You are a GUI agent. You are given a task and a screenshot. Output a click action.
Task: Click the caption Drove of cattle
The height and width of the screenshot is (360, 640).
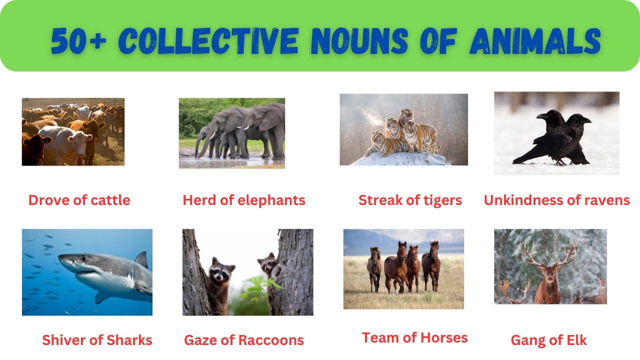pos(79,200)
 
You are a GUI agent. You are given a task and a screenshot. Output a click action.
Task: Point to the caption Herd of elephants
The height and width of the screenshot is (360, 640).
pos(244,200)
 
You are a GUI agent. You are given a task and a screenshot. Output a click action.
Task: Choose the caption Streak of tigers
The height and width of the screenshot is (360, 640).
pos(410,200)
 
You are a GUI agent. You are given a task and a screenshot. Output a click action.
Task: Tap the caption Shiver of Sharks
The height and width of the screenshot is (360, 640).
pos(97,340)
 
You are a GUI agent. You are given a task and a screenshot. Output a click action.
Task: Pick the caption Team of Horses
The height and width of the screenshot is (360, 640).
pos(414,338)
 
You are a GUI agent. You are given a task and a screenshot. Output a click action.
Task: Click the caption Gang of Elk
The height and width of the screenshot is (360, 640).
pos(548,340)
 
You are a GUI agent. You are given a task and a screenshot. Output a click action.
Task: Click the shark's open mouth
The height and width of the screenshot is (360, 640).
pos(85,273)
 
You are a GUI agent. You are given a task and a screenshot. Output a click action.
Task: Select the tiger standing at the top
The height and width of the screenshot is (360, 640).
pos(405,116)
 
